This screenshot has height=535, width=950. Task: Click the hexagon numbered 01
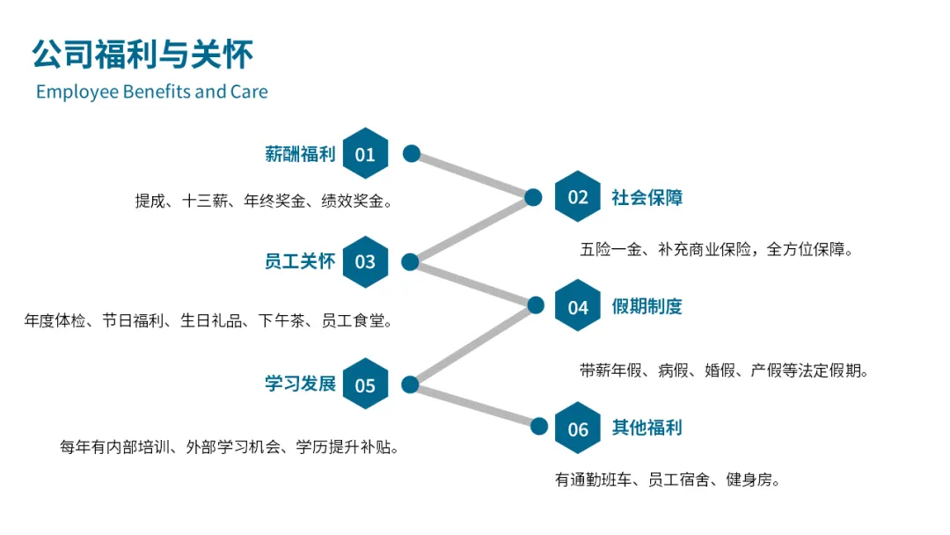coord(365,153)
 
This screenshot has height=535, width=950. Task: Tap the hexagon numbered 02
coord(577,196)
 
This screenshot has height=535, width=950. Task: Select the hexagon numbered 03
coord(365,261)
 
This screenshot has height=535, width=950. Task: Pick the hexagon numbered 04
coord(577,305)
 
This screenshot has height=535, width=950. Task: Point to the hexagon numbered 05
coord(365,384)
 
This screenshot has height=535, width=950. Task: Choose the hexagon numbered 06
coord(577,428)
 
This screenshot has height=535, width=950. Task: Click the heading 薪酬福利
coord(300,154)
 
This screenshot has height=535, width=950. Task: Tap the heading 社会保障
coord(647,197)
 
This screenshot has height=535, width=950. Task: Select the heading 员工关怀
coord(300,261)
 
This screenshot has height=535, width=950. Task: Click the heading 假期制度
coord(647,306)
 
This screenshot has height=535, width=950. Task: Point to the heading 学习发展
coord(300,384)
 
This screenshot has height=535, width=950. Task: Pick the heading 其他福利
coord(647,428)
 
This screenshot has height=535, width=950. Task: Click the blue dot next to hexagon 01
coord(412,153)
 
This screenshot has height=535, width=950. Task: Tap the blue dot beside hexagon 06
coord(538,427)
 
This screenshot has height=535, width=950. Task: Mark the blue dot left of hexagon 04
coord(536,304)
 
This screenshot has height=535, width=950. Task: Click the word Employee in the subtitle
coord(77,92)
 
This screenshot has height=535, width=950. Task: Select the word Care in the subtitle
coord(249,92)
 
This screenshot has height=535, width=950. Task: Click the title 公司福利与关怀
coord(142,54)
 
